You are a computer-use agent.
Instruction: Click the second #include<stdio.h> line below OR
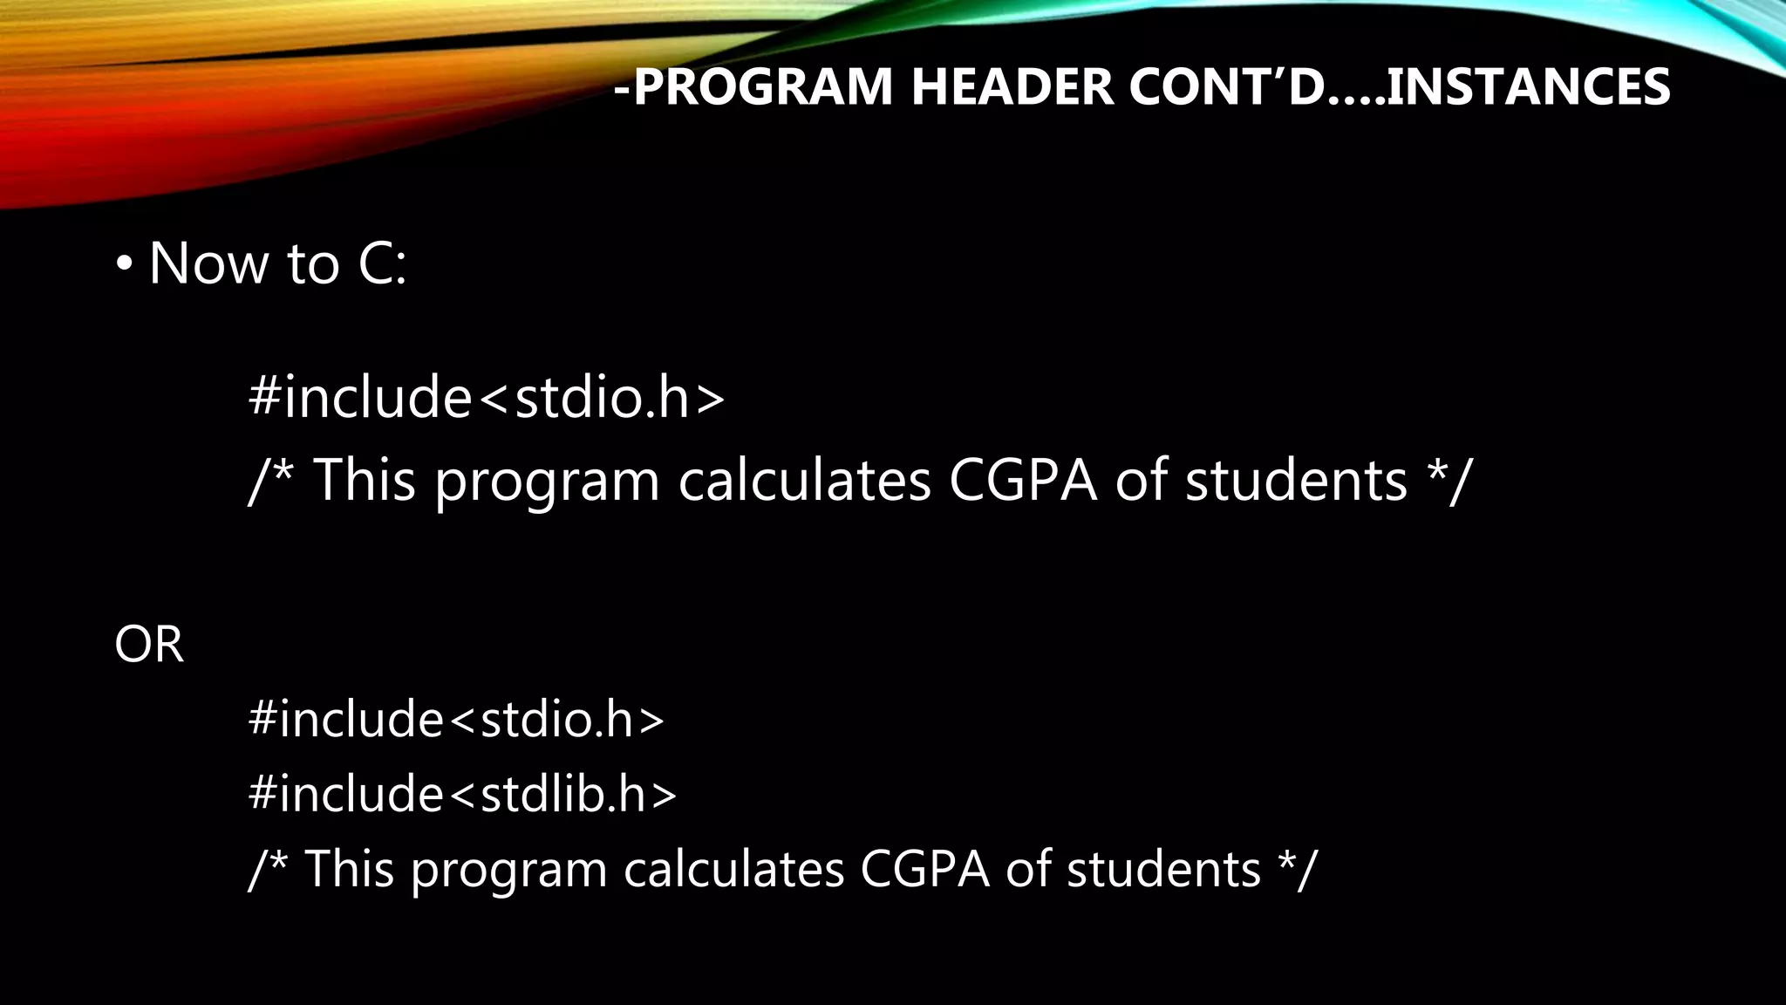tap(456, 720)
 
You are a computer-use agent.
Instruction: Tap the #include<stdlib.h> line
tap(462, 794)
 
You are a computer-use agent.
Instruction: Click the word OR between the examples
tap(149, 646)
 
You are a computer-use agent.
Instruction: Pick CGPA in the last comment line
tap(924, 869)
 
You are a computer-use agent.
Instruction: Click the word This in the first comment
tap(364, 481)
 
